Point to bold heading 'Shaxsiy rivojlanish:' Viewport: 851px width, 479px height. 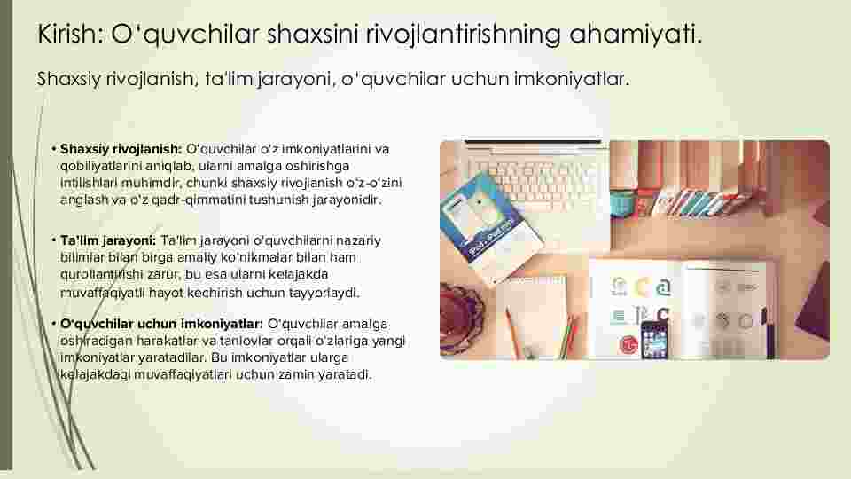[121, 149]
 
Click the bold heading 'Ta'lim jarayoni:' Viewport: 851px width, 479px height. [108, 240]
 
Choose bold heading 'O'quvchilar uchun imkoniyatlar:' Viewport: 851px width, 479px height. [161, 325]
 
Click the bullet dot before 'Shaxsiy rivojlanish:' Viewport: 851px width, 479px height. [54, 149]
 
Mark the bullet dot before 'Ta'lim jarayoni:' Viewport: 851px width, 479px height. [54, 240]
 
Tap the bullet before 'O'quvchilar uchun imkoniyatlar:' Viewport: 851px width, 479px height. [54, 324]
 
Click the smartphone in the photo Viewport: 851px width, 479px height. [654, 340]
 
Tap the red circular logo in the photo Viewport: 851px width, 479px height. [628, 345]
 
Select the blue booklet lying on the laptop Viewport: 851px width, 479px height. [489, 221]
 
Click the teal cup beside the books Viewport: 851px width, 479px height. [623, 204]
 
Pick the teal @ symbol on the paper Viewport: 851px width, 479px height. [663, 287]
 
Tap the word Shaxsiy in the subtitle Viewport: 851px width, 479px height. [69, 80]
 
